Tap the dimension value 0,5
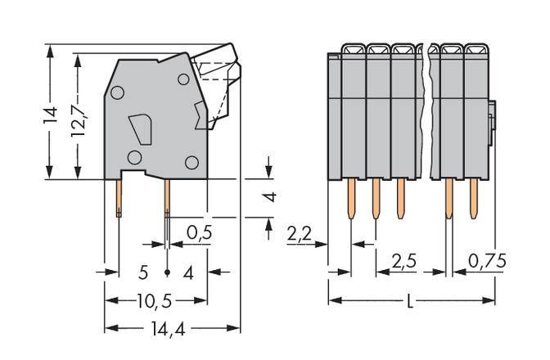point(199,233)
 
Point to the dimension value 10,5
point(154,300)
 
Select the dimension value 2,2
point(300,235)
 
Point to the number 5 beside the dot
point(143,272)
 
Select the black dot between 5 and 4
point(168,272)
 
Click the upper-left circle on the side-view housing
point(118,94)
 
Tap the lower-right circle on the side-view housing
point(192,162)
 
